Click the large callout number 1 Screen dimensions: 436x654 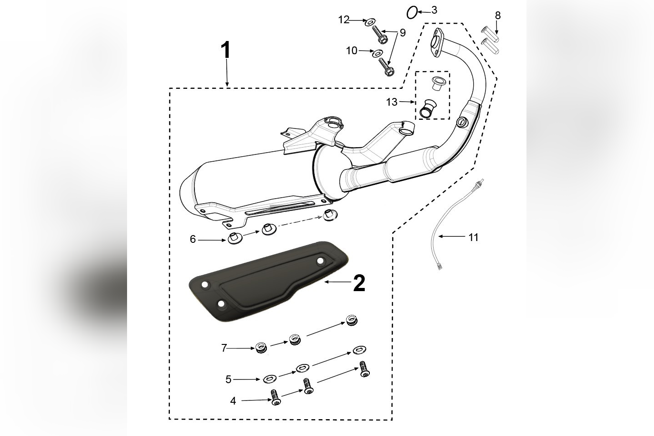click(x=226, y=51)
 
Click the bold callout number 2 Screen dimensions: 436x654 click(x=359, y=283)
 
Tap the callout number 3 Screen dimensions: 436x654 click(x=434, y=10)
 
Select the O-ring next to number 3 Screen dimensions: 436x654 click(x=412, y=12)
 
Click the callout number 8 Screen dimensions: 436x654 click(x=498, y=15)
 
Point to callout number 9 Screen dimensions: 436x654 click(x=403, y=33)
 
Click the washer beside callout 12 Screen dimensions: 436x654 click(x=371, y=21)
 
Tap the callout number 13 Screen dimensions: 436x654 click(x=392, y=102)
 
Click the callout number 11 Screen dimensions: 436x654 click(x=474, y=237)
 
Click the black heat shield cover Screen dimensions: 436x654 click(x=269, y=282)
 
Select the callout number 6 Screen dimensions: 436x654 click(x=193, y=239)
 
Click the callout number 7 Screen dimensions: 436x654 click(x=224, y=348)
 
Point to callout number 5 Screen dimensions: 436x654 click(x=228, y=379)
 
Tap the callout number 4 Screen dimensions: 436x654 click(x=233, y=401)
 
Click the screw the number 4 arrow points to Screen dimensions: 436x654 click(x=276, y=400)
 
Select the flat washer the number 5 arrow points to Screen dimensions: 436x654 click(x=268, y=378)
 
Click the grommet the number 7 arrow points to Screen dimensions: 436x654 click(x=261, y=348)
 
